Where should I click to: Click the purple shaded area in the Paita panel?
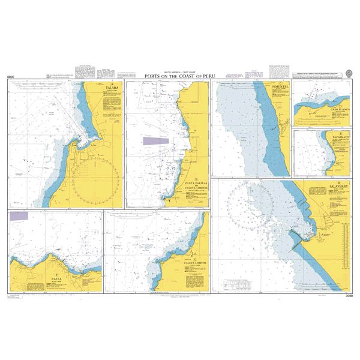point(19,214)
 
